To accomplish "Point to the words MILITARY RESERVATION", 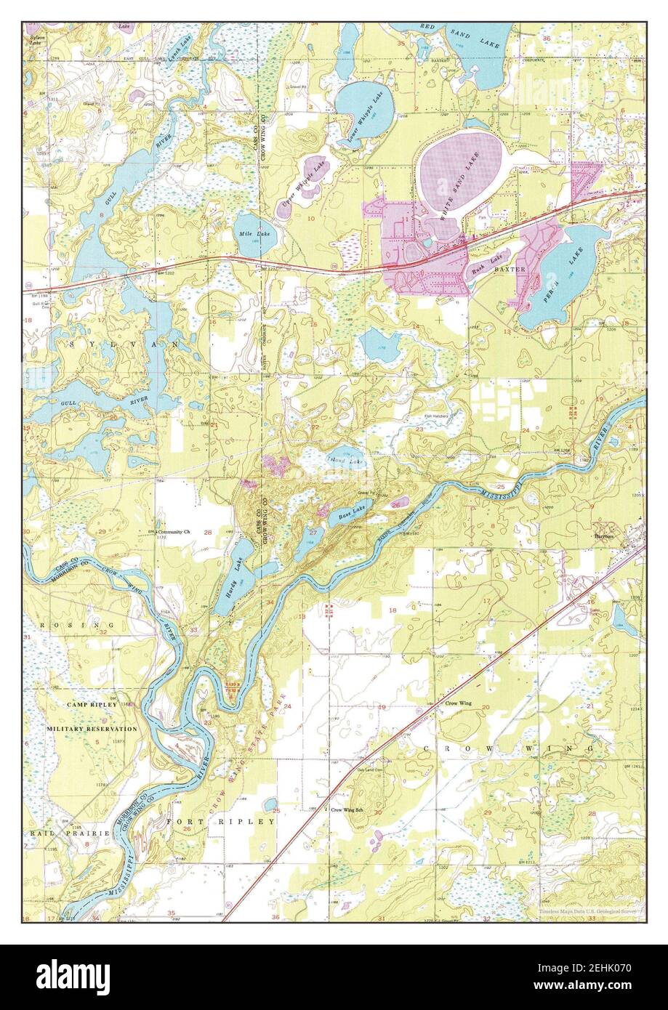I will tap(92, 728).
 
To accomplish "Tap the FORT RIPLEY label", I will tap(222, 821).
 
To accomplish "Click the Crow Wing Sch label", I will tap(346, 809).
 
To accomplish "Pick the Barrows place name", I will tap(605, 536).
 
